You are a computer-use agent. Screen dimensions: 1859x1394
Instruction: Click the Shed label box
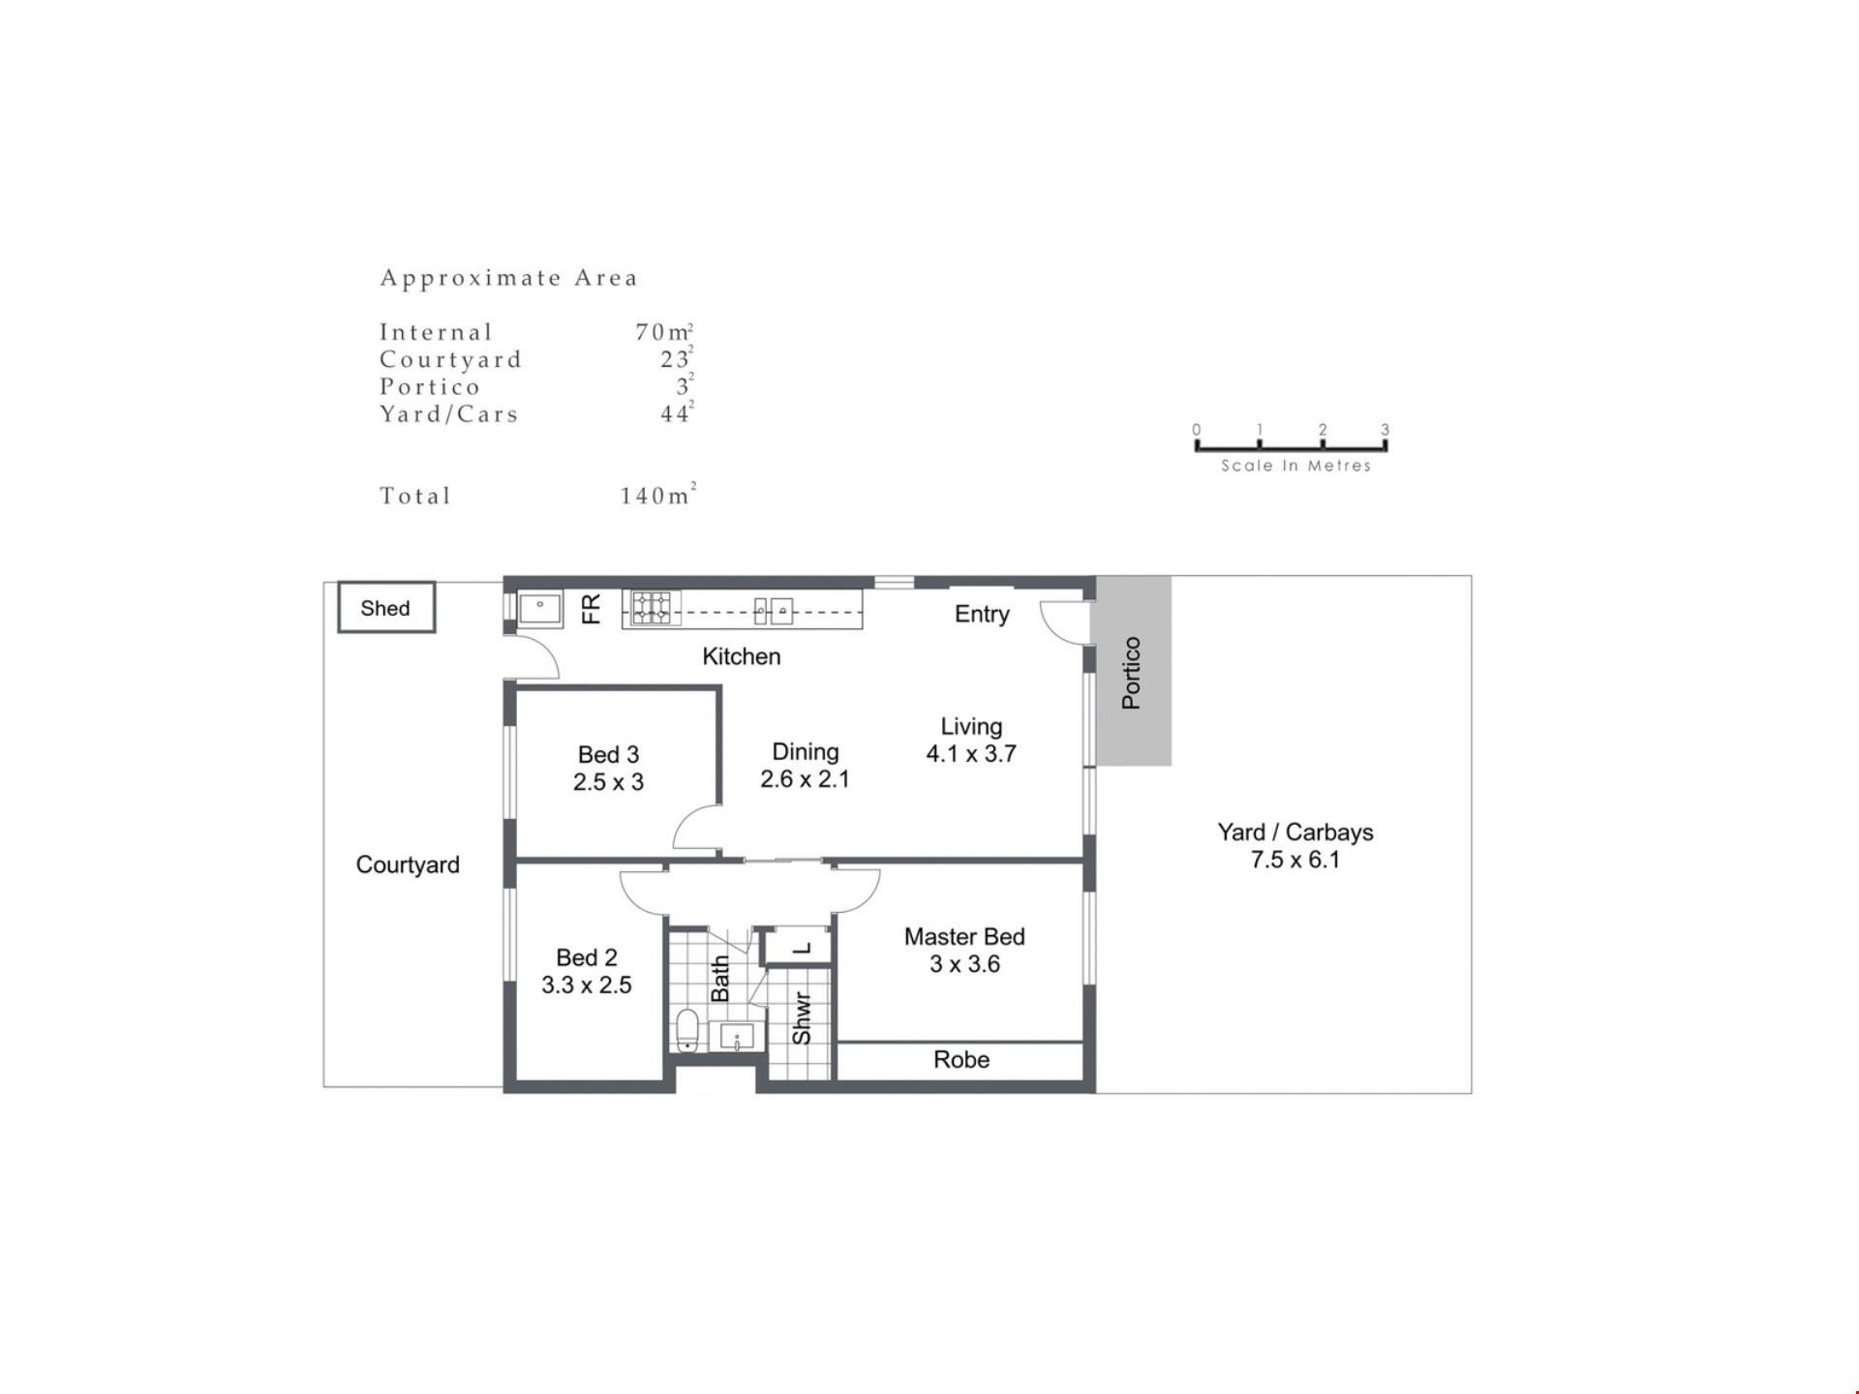pyautogui.click(x=386, y=608)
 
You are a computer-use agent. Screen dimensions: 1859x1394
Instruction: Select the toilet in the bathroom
pyautogui.click(x=686, y=1030)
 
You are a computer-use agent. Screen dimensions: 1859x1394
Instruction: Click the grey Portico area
pyautogui.click(x=1132, y=672)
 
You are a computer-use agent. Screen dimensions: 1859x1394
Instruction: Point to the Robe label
pyautogui.click(x=961, y=1060)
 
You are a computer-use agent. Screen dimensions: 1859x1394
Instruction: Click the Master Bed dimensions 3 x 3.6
pyautogui.click(x=964, y=964)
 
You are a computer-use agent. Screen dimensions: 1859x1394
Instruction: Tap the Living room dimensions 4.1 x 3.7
pyautogui.click(x=971, y=754)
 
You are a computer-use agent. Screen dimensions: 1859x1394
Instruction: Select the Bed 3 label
pyautogui.click(x=608, y=754)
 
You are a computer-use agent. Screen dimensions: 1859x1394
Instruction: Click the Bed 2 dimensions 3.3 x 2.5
pyautogui.click(x=586, y=985)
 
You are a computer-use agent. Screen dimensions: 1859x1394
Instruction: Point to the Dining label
pyautogui.click(x=805, y=751)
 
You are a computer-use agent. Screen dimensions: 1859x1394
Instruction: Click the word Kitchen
pyautogui.click(x=741, y=656)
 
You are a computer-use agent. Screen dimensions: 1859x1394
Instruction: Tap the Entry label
pyautogui.click(x=982, y=614)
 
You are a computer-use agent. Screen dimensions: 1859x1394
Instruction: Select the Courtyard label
pyautogui.click(x=408, y=864)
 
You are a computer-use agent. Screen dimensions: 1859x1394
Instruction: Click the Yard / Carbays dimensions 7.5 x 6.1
pyautogui.click(x=1295, y=860)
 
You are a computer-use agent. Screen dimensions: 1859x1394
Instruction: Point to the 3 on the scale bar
pyautogui.click(x=1385, y=430)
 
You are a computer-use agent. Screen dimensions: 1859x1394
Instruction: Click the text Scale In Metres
pyautogui.click(x=1295, y=466)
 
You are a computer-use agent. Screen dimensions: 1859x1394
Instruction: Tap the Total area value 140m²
pyautogui.click(x=658, y=495)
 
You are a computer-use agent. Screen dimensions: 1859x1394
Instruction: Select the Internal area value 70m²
pyautogui.click(x=664, y=331)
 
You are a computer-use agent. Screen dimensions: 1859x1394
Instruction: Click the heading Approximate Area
pyautogui.click(x=509, y=278)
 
